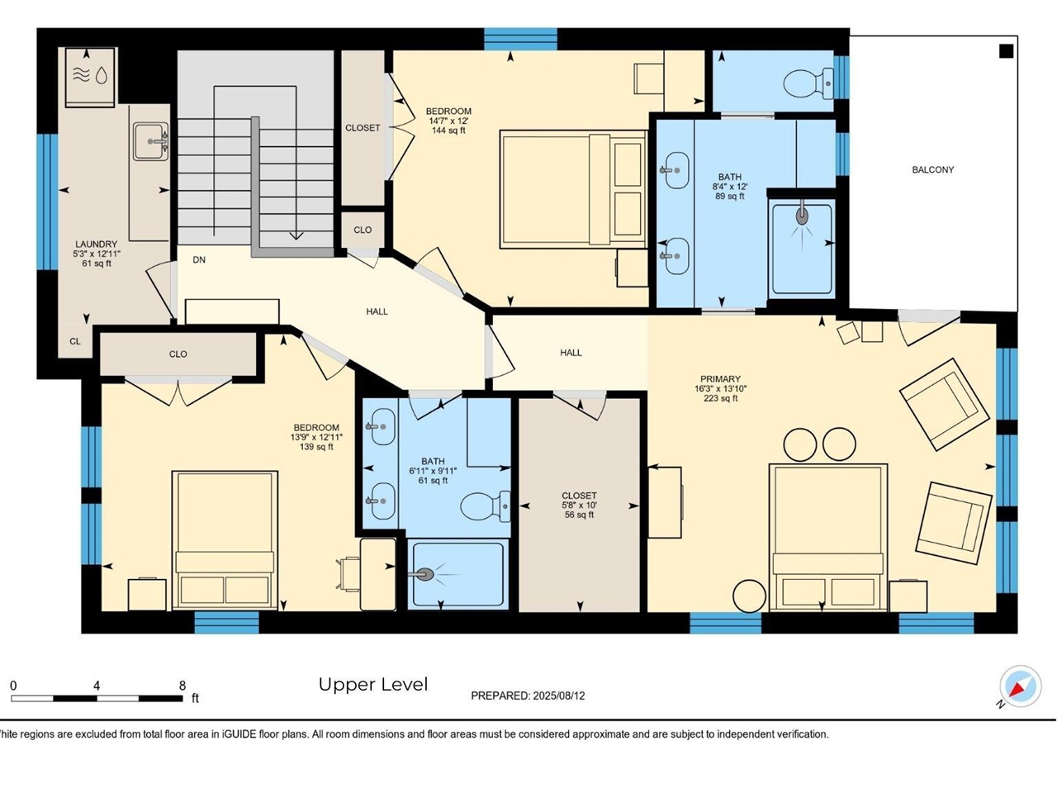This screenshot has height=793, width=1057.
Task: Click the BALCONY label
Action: pyautogui.click(x=932, y=169)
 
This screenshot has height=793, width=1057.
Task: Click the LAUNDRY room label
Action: pyautogui.click(x=97, y=245)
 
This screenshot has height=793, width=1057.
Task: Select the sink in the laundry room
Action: pyautogui.click(x=150, y=142)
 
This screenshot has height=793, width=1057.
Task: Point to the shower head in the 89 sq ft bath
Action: pyautogui.click(x=801, y=215)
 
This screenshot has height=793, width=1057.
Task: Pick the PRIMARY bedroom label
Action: pyautogui.click(x=720, y=379)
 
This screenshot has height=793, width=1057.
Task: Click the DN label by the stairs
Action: pyautogui.click(x=199, y=260)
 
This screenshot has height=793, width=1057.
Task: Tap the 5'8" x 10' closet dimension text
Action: pyautogui.click(x=579, y=506)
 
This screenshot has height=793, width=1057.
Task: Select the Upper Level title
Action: pyautogui.click(x=373, y=684)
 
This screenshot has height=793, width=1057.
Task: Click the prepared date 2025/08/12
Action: pyautogui.click(x=558, y=696)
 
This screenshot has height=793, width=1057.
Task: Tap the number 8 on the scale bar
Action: pyautogui.click(x=182, y=686)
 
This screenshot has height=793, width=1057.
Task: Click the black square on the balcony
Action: pyautogui.click(x=1006, y=51)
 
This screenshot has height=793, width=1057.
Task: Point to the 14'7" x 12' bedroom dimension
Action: pyautogui.click(x=448, y=121)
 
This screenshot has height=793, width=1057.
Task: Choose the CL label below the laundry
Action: pyautogui.click(x=75, y=341)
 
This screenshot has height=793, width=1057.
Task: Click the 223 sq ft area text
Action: pyautogui.click(x=720, y=398)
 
